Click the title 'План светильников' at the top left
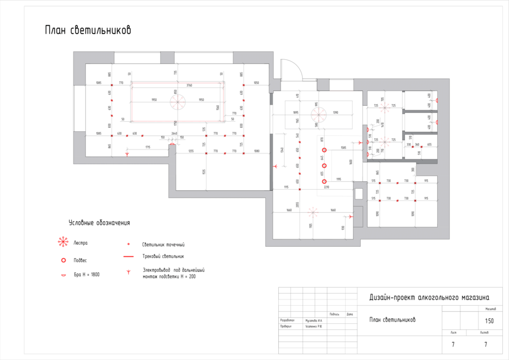[x=88, y=31]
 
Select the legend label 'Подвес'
[x=80, y=260]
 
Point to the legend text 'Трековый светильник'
[x=163, y=256]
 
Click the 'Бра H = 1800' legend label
[x=87, y=275]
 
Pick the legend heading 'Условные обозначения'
[x=99, y=223]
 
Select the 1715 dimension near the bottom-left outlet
[x=147, y=147]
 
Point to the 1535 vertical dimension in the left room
[x=204, y=170]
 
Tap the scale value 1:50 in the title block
[x=489, y=321]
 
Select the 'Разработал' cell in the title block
[x=287, y=320]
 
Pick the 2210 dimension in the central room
[x=326, y=186]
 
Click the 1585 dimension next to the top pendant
[x=343, y=148]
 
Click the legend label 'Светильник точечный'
[x=163, y=245]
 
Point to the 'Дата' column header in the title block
[x=350, y=314]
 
